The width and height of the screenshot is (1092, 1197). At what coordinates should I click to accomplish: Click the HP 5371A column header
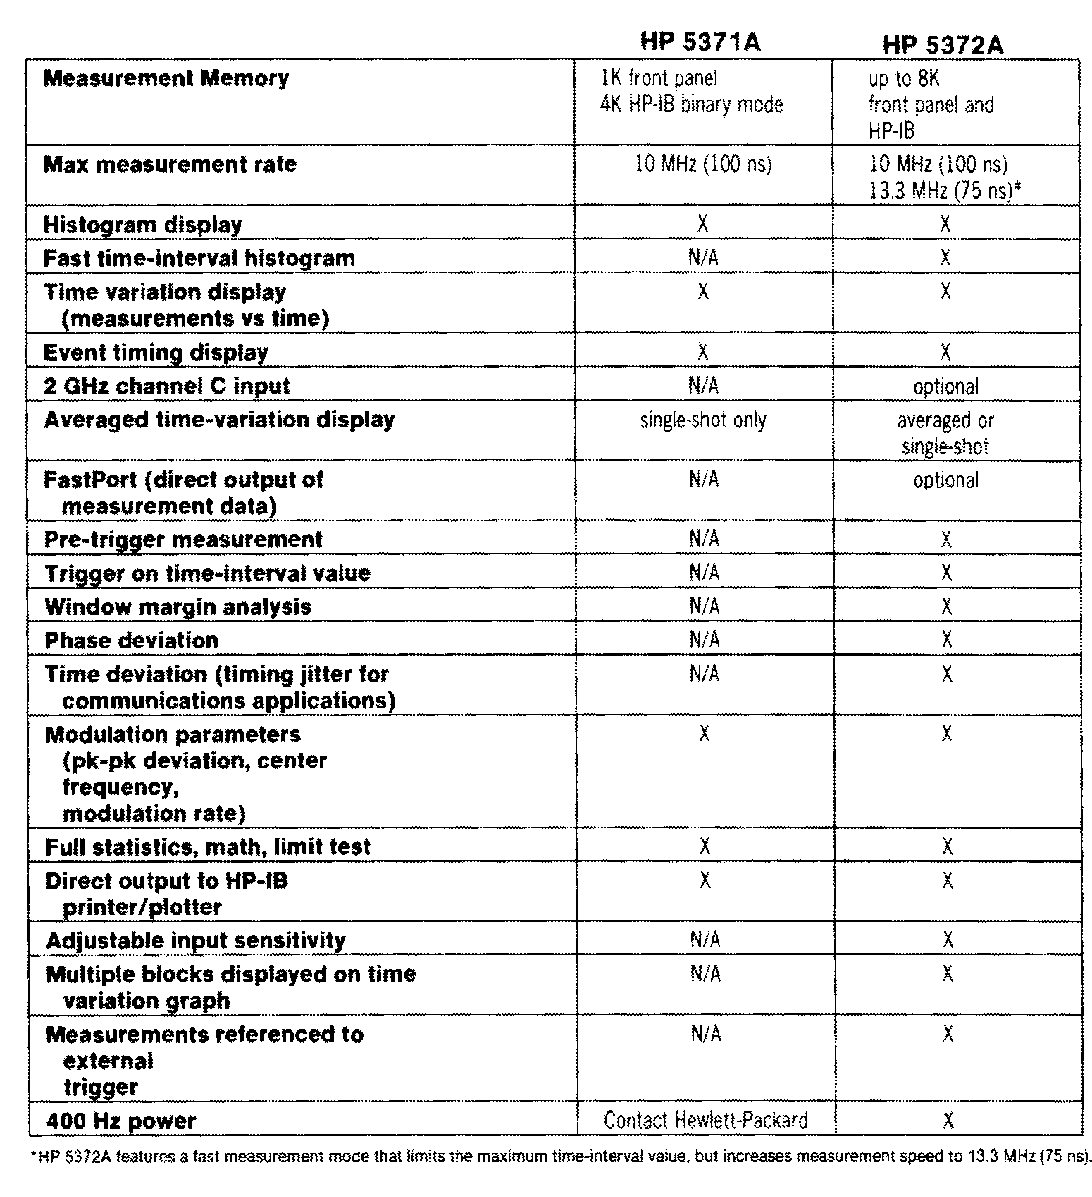[x=700, y=42]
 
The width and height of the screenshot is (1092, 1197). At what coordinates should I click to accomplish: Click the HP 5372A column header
[x=943, y=45]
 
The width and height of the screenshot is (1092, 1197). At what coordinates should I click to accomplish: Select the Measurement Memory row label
[x=166, y=78]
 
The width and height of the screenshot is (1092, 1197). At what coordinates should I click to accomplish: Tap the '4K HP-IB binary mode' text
[x=691, y=105]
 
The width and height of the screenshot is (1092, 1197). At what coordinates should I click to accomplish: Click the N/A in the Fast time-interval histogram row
[x=703, y=258]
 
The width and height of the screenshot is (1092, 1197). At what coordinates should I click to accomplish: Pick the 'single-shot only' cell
[x=703, y=420]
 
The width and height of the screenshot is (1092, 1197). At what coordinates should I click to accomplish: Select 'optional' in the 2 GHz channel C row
[x=945, y=387]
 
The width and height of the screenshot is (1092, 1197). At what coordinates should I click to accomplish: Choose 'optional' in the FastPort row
[x=945, y=481]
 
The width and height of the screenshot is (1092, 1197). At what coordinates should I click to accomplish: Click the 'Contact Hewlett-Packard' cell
[x=705, y=1120]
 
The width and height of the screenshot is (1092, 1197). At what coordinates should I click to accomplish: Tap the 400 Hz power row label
[x=121, y=1121]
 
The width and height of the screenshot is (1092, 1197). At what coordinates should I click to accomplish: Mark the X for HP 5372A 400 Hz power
[x=948, y=1120]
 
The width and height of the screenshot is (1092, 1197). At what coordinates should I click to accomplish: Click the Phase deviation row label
[x=132, y=641]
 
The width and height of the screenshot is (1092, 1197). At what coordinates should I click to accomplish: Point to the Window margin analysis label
[x=178, y=607]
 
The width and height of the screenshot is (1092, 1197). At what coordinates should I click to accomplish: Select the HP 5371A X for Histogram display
[x=702, y=224]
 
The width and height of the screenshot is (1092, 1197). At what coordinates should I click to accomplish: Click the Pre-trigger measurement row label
[x=183, y=540]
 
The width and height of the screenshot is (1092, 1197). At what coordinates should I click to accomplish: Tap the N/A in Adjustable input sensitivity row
[x=705, y=940]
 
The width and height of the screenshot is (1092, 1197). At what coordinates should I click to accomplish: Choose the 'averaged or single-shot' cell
[x=945, y=434]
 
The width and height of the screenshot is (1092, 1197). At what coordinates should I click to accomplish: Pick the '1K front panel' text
[x=659, y=78]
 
